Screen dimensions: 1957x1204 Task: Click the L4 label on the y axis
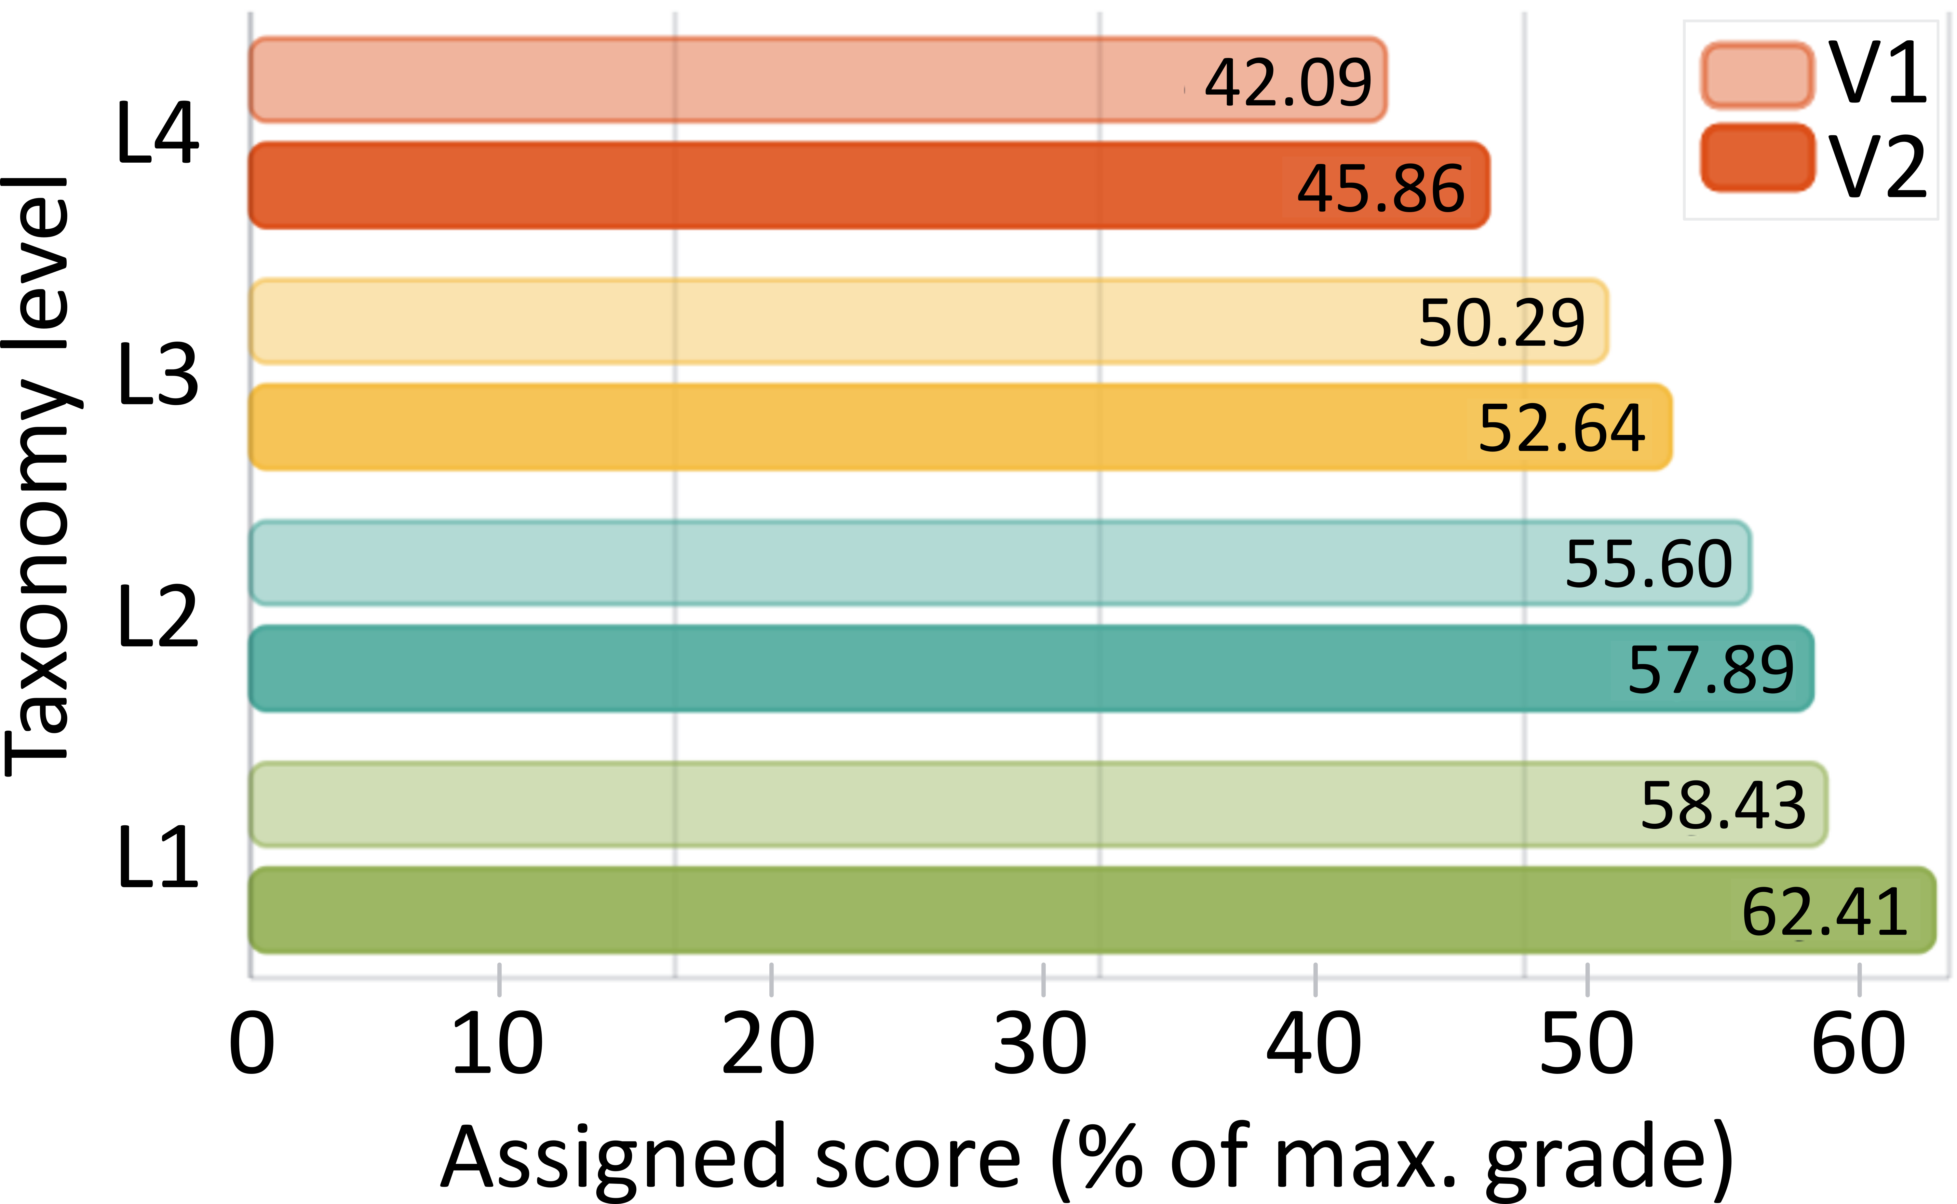[x=158, y=133]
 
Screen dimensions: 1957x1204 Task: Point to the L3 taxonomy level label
[x=158, y=374]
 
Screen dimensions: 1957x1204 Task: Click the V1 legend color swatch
[x=1757, y=76]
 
